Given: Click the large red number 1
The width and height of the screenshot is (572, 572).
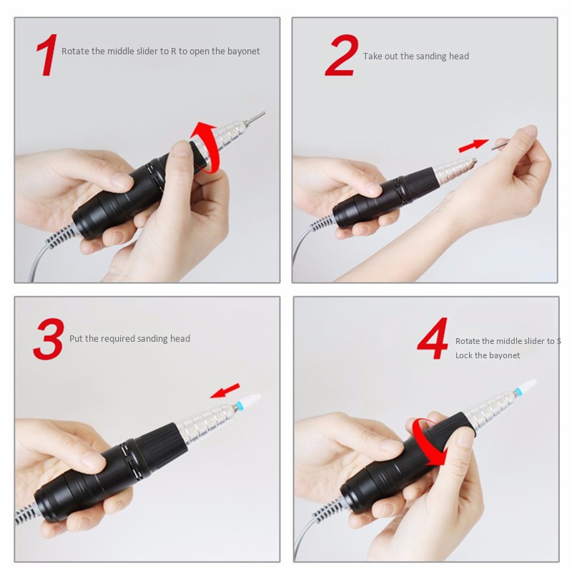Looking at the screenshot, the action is pyautogui.click(x=46, y=55).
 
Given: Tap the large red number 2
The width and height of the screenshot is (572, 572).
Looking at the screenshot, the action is pyautogui.click(x=341, y=55).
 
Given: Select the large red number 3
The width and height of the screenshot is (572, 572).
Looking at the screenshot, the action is pyautogui.click(x=49, y=339).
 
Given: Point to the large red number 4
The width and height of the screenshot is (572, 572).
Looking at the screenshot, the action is pyautogui.click(x=433, y=338).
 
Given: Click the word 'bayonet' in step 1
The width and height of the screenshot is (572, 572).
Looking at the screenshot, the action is pyautogui.click(x=243, y=51).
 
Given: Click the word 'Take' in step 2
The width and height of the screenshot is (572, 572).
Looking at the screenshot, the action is pyautogui.click(x=373, y=56).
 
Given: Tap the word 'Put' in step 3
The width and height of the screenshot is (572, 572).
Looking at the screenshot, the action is pyautogui.click(x=76, y=338).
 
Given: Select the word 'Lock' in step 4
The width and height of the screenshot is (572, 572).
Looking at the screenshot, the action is pyautogui.click(x=463, y=355).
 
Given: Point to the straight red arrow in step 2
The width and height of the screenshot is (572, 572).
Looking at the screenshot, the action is pyautogui.click(x=473, y=145).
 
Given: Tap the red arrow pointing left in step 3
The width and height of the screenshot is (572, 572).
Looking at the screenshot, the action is pyautogui.click(x=225, y=390).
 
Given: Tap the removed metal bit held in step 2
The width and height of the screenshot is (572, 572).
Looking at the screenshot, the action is pyautogui.click(x=499, y=145).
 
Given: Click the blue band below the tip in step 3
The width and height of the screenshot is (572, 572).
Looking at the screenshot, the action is pyautogui.click(x=239, y=405).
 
